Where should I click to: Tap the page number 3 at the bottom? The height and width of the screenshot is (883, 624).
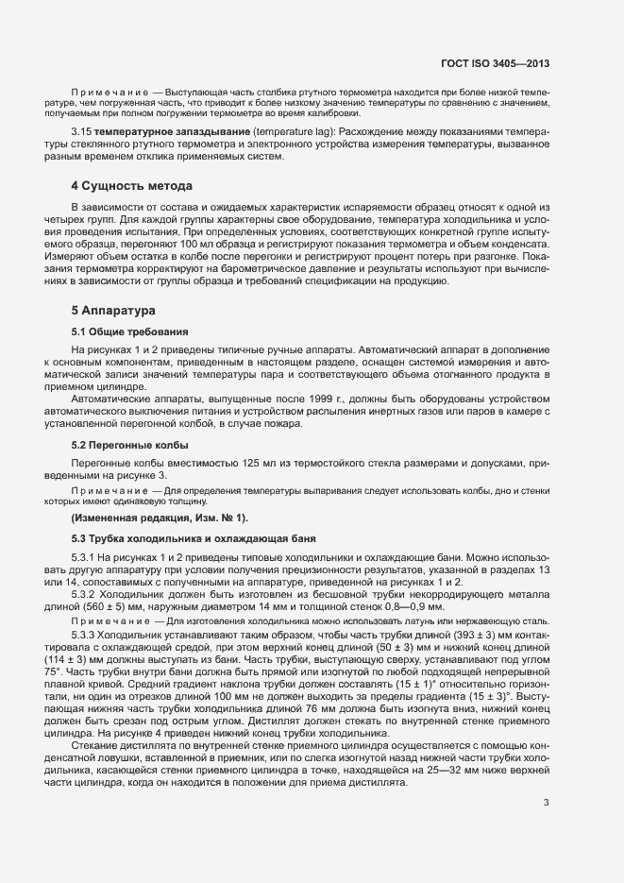(x=547, y=777)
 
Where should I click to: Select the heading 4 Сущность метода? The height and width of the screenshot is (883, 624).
(x=132, y=186)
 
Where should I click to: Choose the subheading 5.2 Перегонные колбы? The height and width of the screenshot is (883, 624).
(x=130, y=444)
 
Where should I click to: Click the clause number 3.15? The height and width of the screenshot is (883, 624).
(x=80, y=128)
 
